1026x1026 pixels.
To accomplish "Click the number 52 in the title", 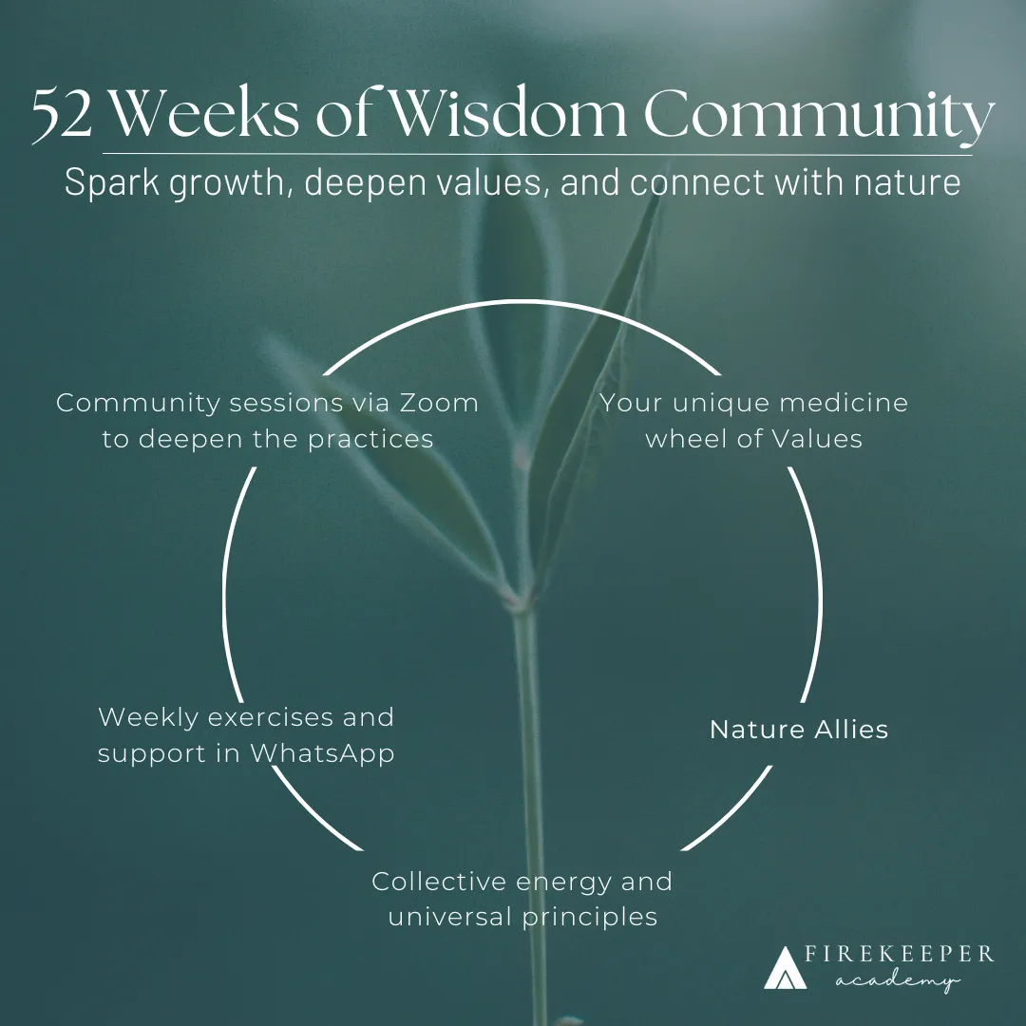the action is click(x=61, y=115).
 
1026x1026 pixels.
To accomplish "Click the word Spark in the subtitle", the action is click(x=105, y=180).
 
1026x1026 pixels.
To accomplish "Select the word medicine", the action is click(x=844, y=403).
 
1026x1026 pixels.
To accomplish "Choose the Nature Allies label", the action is click(x=799, y=730).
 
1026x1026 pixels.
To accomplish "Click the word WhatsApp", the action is click(x=322, y=753).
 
